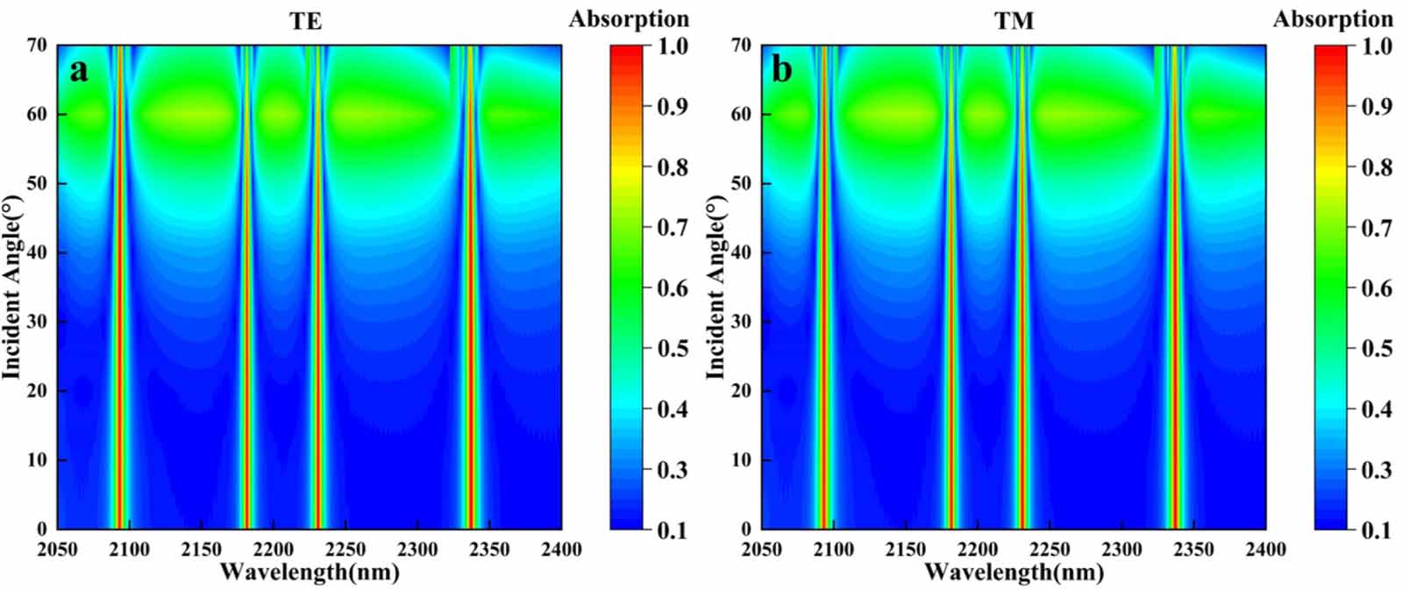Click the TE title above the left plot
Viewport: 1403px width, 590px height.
click(x=306, y=21)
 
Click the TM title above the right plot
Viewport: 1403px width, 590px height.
click(x=1014, y=21)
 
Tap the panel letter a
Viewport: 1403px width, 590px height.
click(x=79, y=70)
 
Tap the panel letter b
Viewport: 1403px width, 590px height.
click(x=781, y=70)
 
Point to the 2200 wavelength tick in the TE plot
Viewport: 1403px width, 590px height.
click(x=274, y=550)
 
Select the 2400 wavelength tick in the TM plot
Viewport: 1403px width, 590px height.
click(x=1264, y=550)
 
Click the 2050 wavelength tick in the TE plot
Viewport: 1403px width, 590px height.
click(x=58, y=550)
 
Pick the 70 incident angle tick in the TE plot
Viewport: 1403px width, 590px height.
click(x=36, y=46)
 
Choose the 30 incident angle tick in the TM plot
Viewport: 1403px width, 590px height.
click(x=741, y=322)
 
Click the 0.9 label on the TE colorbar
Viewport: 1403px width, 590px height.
click(x=673, y=107)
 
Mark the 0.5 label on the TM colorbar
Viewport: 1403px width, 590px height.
click(x=1377, y=349)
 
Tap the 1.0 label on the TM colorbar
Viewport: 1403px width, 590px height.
click(x=1377, y=46)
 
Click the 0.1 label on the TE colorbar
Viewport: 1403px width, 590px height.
click(x=673, y=530)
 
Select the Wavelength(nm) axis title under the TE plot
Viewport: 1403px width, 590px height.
click(x=310, y=572)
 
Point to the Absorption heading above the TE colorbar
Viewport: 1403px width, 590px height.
click(x=629, y=18)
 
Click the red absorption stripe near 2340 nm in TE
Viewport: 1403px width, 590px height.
click(x=471, y=307)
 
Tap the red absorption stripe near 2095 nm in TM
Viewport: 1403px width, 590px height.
click(x=823, y=307)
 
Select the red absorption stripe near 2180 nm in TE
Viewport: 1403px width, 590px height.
click(x=247, y=307)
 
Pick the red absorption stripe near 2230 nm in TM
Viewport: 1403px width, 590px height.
click(x=1022, y=307)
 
